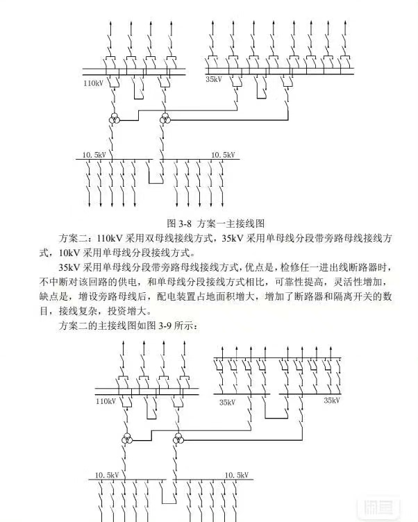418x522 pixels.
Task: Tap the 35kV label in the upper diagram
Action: click(x=214, y=80)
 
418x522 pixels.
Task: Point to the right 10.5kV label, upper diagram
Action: click(x=224, y=154)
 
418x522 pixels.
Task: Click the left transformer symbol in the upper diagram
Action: click(x=113, y=120)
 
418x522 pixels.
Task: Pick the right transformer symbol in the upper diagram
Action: click(x=165, y=120)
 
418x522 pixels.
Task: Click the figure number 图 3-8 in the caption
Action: click(x=179, y=224)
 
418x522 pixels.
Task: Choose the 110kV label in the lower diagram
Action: click(x=106, y=401)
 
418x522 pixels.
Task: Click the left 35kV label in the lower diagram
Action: click(x=227, y=402)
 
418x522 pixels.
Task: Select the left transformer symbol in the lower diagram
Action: click(x=127, y=439)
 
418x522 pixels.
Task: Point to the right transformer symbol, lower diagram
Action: click(x=178, y=439)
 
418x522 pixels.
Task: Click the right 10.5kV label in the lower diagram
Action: click(x=237, y=475)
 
